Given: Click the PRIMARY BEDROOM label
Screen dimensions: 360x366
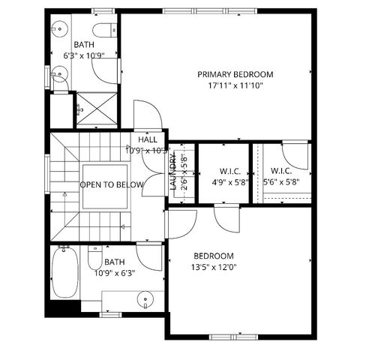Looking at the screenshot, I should (235, 74).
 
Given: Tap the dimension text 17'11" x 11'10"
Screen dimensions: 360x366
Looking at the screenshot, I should (235, 85).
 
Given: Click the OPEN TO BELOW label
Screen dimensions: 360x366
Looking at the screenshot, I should (112, 184).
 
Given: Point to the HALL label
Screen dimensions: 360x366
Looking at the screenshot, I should (147, 139).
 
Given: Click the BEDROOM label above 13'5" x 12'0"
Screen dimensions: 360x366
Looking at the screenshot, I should (213, 255).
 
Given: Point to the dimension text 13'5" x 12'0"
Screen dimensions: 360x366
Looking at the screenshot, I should (213, 266).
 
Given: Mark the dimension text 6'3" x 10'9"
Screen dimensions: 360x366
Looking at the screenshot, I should (83, 55).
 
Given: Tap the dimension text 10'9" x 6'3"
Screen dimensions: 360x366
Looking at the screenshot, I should (114, 273).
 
